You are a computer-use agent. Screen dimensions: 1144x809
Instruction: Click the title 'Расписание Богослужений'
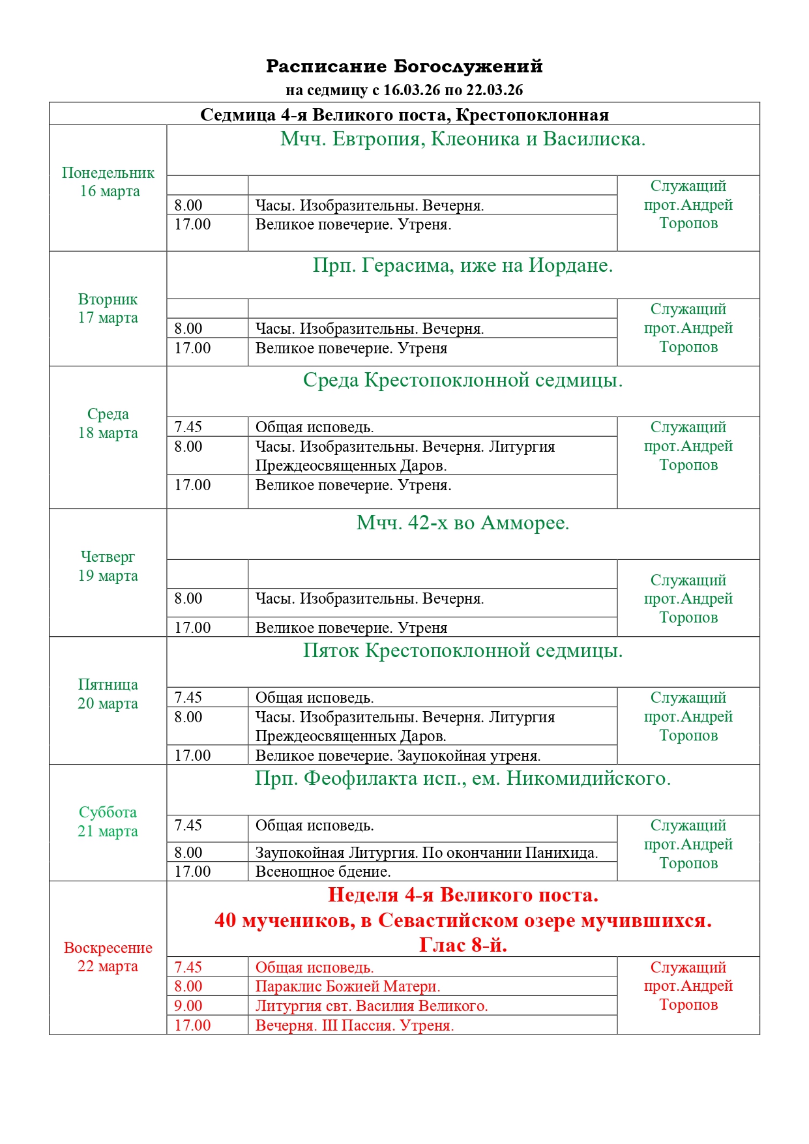[x=404, y=66]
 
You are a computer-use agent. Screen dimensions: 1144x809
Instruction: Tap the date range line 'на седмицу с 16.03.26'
[x=404, y=90]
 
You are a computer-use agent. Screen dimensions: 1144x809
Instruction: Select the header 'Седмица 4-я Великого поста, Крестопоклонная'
[x=404, y=115]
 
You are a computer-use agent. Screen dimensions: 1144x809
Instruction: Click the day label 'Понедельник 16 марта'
[x=108, y=182]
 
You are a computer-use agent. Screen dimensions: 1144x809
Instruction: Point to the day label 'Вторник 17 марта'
[x=108, y=308]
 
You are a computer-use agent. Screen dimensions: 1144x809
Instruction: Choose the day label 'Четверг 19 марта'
[x=108, y=566]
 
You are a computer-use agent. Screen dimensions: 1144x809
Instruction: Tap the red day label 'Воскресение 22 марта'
[x=108, y=957]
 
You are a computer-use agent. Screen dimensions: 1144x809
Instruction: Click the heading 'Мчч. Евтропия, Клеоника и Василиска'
[x=463, y=139]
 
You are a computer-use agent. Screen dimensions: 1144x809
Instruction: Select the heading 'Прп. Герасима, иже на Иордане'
[x=463, y=265]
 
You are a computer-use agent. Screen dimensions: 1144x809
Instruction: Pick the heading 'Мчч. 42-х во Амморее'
[x=463, y=523]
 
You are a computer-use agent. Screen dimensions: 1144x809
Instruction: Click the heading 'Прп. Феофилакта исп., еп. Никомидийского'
[x=463, y=778]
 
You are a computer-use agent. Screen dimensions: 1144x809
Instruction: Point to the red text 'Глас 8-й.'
[x=463, y=945]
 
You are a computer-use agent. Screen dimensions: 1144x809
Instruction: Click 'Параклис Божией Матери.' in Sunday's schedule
[x=347, y=986]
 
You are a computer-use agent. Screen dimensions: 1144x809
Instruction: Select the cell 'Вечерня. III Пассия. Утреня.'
[x=355, y=1025]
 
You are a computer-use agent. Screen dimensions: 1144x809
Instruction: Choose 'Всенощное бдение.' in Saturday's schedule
[x=323, y=872]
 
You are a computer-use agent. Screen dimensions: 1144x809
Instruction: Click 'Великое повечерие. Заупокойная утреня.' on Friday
[x=398, y=755]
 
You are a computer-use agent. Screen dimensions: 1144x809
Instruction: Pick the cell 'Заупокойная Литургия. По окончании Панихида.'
[x=426, y=853]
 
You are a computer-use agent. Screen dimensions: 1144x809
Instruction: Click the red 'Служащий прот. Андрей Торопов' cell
[x=688, y=986]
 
